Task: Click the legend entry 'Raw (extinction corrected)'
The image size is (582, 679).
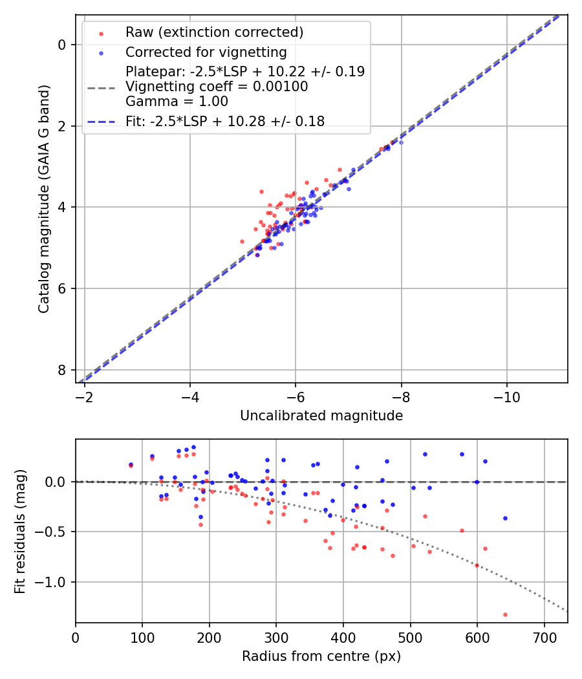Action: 214,32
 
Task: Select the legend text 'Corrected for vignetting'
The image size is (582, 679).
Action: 206,52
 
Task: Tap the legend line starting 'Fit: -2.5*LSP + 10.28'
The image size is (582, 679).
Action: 225,121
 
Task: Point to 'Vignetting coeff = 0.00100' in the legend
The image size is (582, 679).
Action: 217,87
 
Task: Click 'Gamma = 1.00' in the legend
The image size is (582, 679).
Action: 177,101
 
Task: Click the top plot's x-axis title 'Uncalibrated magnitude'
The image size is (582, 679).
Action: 321,416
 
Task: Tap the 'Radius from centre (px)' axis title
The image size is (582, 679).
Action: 321,656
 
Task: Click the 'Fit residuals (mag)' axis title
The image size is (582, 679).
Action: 20,532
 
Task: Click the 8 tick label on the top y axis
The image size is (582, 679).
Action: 61,370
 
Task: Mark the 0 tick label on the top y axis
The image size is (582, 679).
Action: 61,45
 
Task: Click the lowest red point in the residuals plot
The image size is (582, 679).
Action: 505,614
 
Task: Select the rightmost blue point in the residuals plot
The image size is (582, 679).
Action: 505,518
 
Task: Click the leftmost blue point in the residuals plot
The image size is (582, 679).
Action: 131,464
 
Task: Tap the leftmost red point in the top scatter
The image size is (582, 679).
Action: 242,241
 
